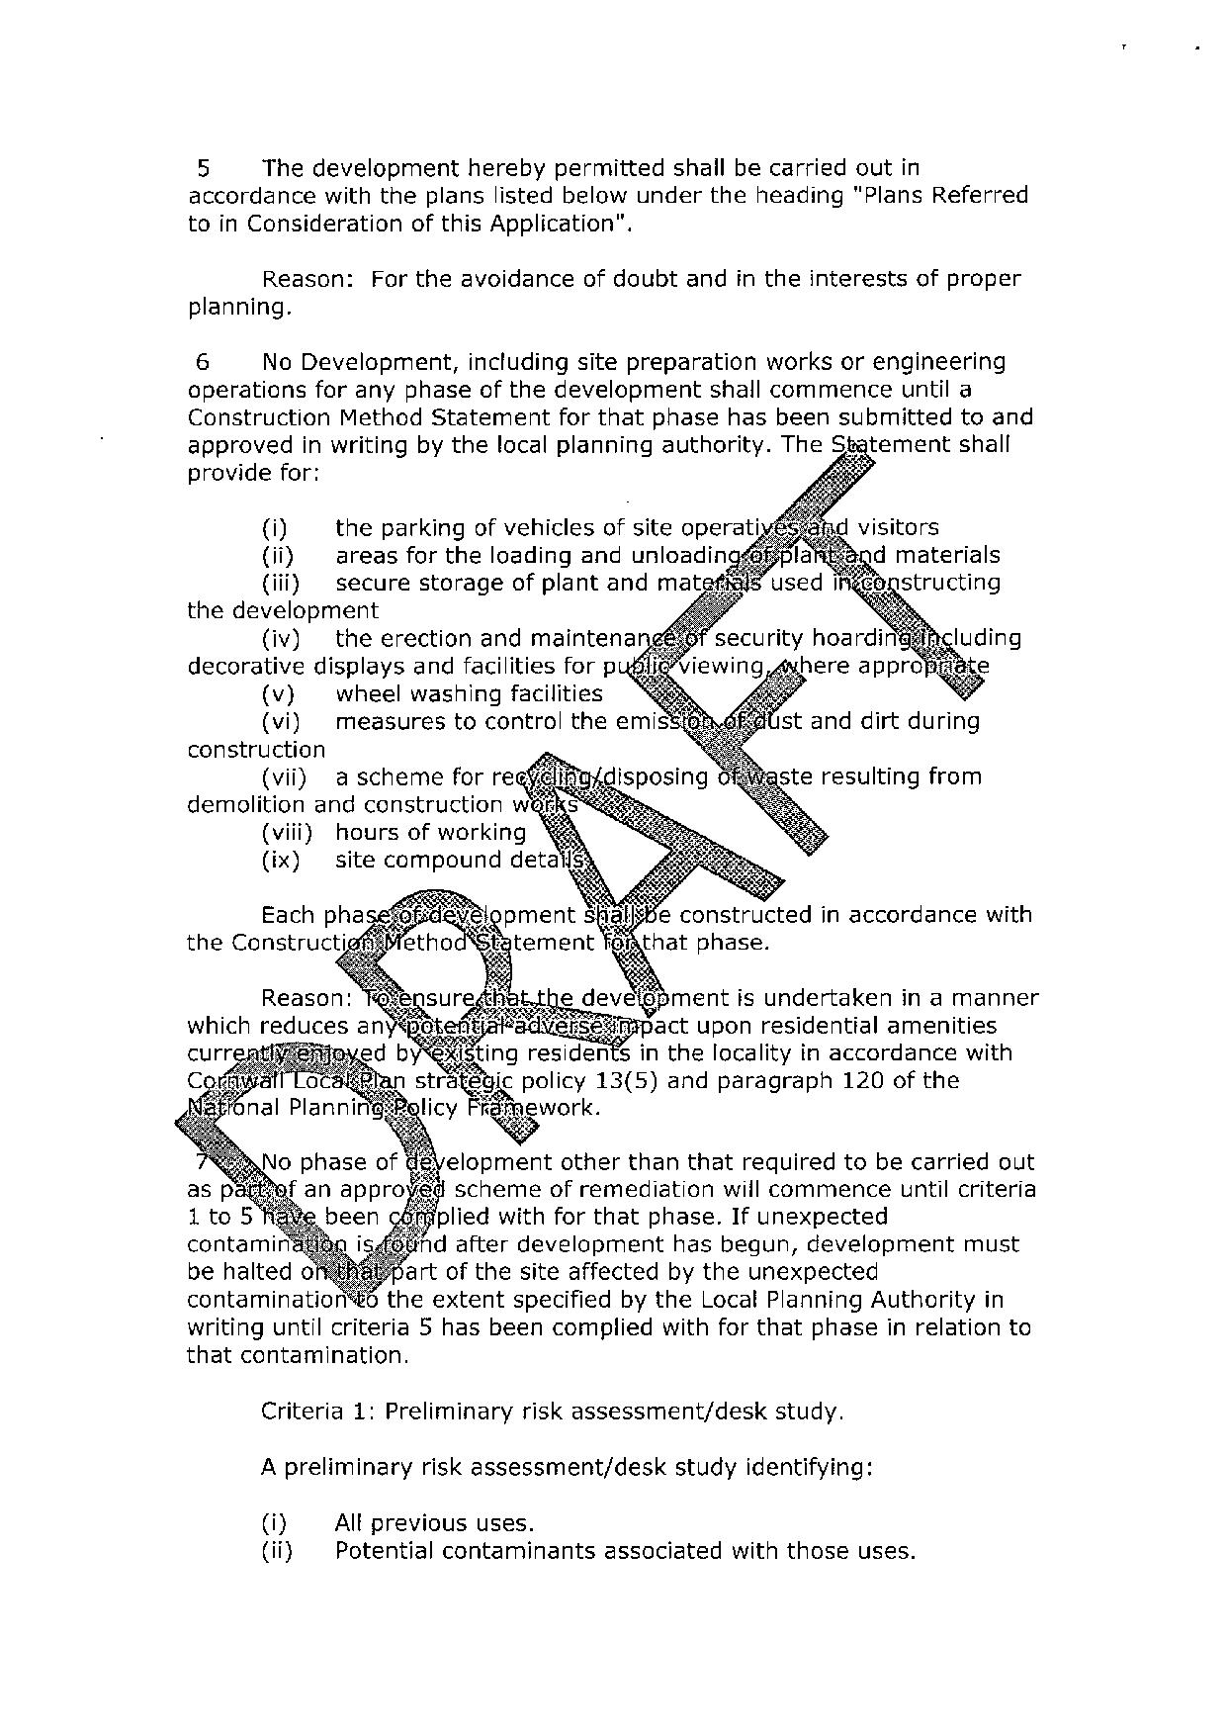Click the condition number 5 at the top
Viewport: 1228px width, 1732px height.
point(203,168)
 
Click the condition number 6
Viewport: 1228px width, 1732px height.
point(203,362)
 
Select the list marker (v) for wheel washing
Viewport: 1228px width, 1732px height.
point(278,694)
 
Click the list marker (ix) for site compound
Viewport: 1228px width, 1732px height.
point(280,861)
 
